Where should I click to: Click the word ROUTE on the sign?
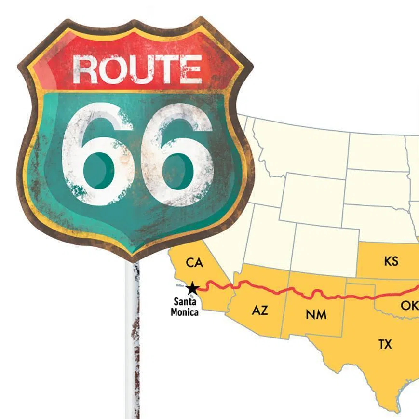pyautogui.click(x=137, y=69)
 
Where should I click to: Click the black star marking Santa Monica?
pyautogui.click(x=192, y=288)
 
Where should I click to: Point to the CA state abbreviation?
pyautogui.click(x=194, y=263)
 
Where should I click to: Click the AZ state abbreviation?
pyautogui.click(x=259, y=311)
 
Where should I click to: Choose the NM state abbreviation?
pyautogui.click(x=316, y=315)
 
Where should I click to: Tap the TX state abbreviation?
pyautogui.click(x=385, y=344)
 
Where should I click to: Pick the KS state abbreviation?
pyautogui.click(x=392, y=261)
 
